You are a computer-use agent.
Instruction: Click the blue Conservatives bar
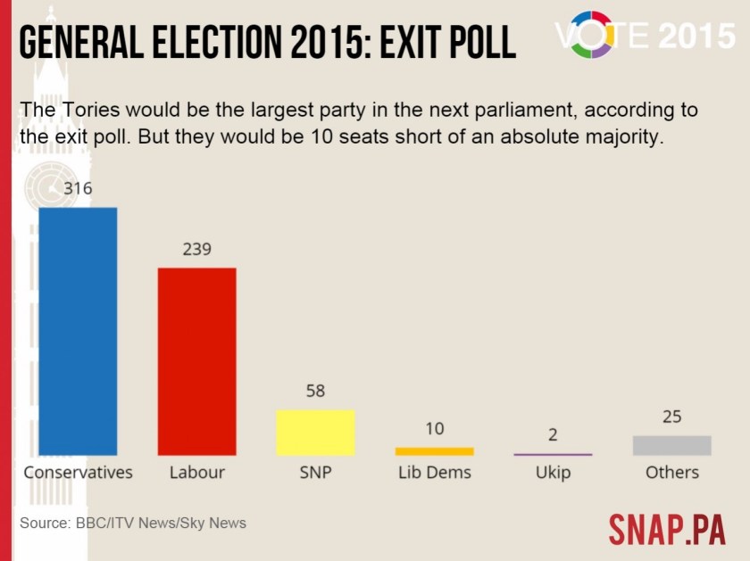(78, 331)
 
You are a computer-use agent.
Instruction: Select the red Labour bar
(196, 361)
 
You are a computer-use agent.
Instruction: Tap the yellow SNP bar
(315, 433)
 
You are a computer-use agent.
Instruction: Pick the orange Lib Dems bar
(434, 451)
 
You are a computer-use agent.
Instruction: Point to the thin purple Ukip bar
(553, 455)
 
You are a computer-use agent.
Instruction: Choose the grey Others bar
(671, 445)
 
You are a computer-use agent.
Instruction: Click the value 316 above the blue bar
(78, 188)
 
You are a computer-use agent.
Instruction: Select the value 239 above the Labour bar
(196, 249)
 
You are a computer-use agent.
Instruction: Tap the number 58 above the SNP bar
(315, 391)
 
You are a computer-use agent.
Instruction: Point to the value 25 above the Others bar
(671, 417)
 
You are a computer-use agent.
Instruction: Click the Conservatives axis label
(78, 473)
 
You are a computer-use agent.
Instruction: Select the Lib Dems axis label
(434, 473)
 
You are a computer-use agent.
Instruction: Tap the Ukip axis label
(553, 473)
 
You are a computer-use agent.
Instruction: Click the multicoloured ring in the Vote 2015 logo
(591, 34)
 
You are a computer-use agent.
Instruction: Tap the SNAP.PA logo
(667, 529)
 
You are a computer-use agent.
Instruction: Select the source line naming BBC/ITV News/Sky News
(132, 523)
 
